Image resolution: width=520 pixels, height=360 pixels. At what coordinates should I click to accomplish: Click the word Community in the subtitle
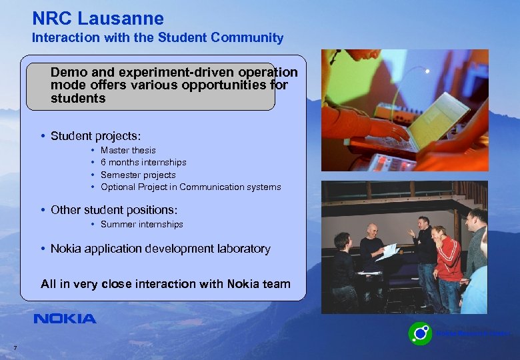pyautogui.click(x=251, y=38)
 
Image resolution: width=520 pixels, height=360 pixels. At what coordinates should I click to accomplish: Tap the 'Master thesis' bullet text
pyautogui.click(x=128, y=151)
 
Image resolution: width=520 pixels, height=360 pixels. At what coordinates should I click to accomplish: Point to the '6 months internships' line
pyautogui.click(x=143, y=163)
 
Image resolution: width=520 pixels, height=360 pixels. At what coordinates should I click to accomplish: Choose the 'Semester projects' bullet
pyautogui.click(x=138, y=175)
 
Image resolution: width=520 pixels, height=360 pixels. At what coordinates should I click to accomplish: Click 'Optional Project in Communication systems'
pyautogui.click(x=191, y=187)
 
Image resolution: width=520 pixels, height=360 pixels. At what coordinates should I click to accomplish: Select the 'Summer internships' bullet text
pyautogui.click(x=141, y=225)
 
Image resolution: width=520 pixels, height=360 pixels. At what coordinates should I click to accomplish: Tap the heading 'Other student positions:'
pyautogui.click(x=114, y=209)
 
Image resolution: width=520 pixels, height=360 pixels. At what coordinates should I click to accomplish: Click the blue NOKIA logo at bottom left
pyautogui.click(x=65, y=319)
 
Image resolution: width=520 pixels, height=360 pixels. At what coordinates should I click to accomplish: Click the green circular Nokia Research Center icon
pyautogui.click(x=420, y=333)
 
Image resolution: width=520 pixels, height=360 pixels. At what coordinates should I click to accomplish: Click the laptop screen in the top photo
pyautogui.click(x=440, y=119)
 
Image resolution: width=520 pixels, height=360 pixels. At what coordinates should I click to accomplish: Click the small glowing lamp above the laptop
pyautogui.click(x=427, y=71)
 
